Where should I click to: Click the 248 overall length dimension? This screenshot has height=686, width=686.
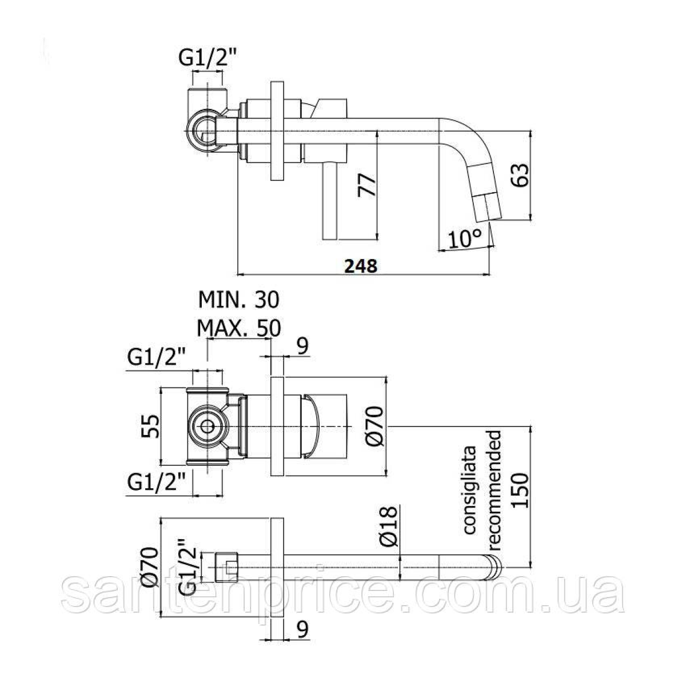click(360, 266)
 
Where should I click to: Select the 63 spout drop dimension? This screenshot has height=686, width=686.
click(520, 175)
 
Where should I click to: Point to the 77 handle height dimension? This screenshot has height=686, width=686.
click(367, 185)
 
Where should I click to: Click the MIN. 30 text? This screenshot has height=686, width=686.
click(238, 300)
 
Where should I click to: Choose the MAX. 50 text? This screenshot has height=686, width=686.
click(238, 328)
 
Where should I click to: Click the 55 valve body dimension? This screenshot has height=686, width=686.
click(150, 426)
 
